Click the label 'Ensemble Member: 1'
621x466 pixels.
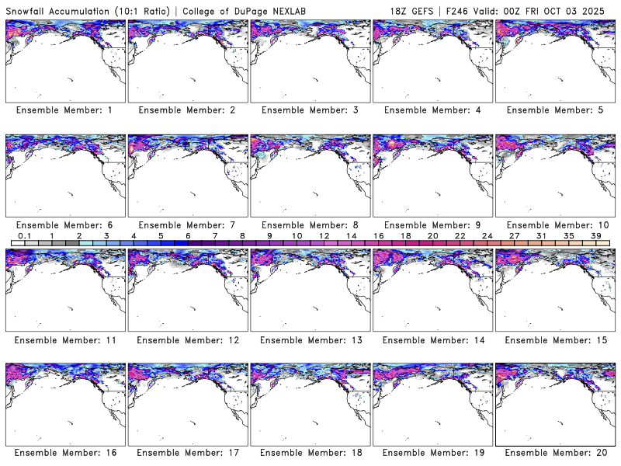point(64,110)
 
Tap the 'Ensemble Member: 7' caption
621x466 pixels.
point(186,225)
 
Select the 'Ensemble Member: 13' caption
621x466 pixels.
point(309,339)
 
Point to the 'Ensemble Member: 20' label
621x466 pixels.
point(554,453)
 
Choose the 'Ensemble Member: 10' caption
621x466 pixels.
point(554,225)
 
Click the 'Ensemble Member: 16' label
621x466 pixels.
point(64,453)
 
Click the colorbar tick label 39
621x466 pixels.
point(596,235)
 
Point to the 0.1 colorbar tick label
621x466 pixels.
point(24,235)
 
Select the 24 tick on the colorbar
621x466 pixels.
point(487,235)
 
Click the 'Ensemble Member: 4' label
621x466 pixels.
point(432,110)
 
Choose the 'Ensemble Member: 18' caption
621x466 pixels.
point(309,453)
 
